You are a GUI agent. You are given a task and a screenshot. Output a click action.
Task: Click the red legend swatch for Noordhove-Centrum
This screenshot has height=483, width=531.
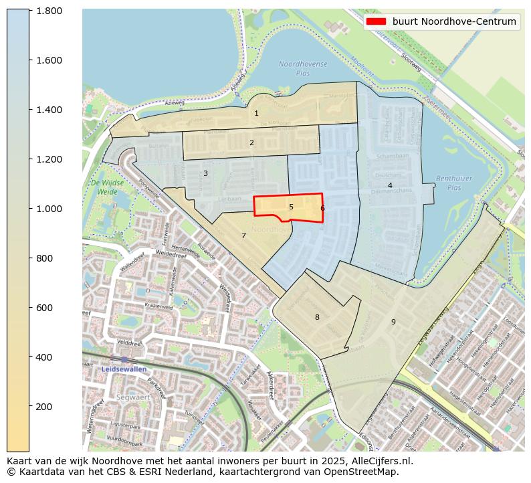(x=377, y=21)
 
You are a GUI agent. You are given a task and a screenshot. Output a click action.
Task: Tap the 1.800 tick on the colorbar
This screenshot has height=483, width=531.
(x=49, y=11)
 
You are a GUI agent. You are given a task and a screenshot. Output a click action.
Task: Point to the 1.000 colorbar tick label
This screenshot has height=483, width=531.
(x=49, y=209)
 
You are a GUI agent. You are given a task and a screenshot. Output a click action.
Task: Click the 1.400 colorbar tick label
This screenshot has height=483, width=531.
(x=49, y=110)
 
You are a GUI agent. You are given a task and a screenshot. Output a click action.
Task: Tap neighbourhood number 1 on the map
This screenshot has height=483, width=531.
(x=256, y=114)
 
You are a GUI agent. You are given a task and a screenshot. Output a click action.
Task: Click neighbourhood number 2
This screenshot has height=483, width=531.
(x=251, y=142)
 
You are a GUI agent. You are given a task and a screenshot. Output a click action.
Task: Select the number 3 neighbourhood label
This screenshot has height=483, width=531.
(x=205, y=174)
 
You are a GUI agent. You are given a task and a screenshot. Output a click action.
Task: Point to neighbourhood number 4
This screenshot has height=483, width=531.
(x=390, y=185)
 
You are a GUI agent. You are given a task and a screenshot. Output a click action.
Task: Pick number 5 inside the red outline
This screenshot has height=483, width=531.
(x=291, y=207)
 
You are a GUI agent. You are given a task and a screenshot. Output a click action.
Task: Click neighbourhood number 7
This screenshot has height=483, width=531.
(x=243, y=235)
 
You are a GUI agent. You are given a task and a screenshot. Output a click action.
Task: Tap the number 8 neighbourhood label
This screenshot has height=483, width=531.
(x=317, y=317)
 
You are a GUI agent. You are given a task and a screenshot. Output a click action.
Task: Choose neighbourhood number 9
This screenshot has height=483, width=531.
(x=393, y=322)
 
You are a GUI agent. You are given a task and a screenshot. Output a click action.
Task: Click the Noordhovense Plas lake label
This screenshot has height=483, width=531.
(x=303, y=68)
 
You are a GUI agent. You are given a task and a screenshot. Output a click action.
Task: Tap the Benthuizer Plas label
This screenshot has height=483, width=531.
(x=449, y=183)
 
